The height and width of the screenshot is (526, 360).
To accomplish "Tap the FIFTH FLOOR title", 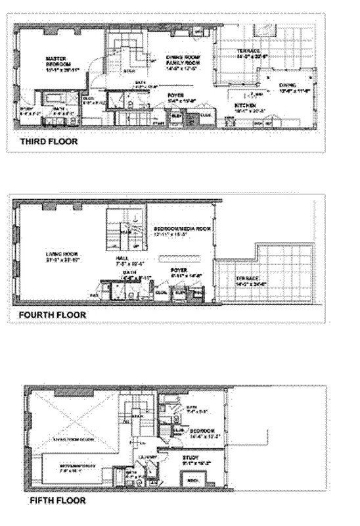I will click(x=57, y=500).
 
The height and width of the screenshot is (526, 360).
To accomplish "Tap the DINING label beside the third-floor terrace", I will click(x=287, y=85).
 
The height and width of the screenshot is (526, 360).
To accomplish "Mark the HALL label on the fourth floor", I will click(x=123, y=259).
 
